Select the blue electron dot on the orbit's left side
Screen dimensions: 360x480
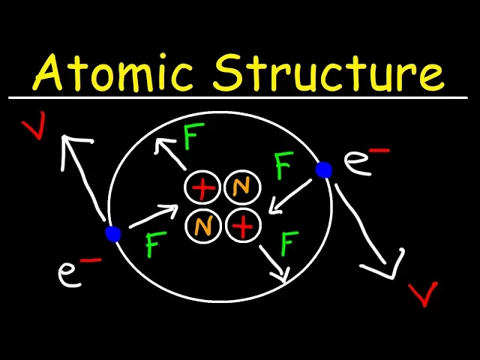113,234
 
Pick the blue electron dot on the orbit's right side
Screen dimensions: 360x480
324,170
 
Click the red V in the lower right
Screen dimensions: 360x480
425,293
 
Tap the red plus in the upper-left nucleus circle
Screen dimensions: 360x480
202,188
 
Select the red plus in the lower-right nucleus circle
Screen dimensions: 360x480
242,226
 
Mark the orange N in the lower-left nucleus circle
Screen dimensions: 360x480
202,226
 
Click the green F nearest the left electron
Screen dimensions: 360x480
155,244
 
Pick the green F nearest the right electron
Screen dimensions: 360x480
283,166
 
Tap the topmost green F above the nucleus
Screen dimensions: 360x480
193,137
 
